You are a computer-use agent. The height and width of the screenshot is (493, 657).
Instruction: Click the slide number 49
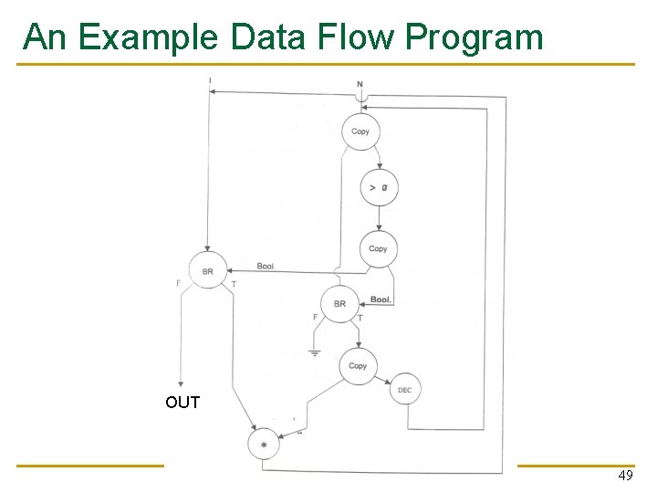pyautogui.click(x=625, y=477)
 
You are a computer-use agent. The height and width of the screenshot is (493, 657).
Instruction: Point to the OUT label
pyautogui.click(x=182, y=403)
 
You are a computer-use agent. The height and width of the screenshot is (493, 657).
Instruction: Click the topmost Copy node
pyautogui.click(x=360, y=131)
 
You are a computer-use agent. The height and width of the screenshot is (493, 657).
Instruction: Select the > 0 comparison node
pyautogui.click(x=378, y=188)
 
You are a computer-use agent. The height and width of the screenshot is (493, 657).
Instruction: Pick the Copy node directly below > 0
pyautogui.click(x=378, y=248)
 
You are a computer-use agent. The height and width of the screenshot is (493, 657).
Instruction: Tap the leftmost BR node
pyautogui.click(x=208, y=271)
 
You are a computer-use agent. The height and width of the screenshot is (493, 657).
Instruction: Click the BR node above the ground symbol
pyautogui.click(x=339, y=303)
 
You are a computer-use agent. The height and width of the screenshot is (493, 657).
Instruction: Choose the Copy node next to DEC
pyautogui.click(x=358, y=366)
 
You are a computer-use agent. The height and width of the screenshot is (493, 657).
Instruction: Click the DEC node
pyautogui.click(x=405, y=391)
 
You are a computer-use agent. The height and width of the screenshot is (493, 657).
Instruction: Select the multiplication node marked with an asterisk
pyautogui.click(x=264, y=444)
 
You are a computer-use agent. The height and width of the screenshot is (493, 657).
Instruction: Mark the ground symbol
pyautogui.click(x=315, y=352)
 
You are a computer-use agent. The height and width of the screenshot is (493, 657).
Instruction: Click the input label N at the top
pyautogui.click(x=360, y=85)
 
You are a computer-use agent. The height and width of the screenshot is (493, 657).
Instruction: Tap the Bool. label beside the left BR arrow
pyautogui.click(x=266, y=266)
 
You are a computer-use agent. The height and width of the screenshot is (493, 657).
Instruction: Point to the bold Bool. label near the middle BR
pyautogui.click(x=381, y=299)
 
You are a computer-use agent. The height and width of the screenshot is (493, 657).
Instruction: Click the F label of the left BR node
pyautogui.click(x=178, y=283)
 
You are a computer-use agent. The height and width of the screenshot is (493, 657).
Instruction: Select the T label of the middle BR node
pyautogui.click(x=360, y=318)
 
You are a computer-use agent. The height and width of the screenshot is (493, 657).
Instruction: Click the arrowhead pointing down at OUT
pyautogui.click(x=182, y=383)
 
